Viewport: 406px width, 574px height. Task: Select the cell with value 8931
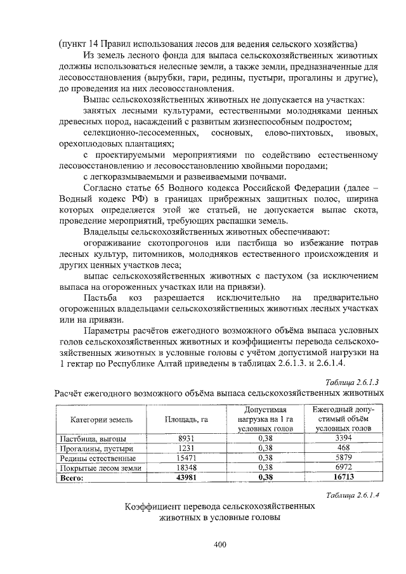pyautogui.click(x=186, y=438)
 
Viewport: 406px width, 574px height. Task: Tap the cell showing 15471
pyautogui.click(x=186, y=457)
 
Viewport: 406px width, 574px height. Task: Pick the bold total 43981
pyautogui.click(x=186, y=478)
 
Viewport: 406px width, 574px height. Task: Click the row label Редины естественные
pyautogui.click(x=97, y=458)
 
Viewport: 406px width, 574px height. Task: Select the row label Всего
pyautogui.click(x=72, y=478)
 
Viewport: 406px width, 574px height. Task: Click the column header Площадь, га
pyautogui.click(x=187, y=419)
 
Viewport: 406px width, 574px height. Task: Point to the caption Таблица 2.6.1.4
pyautogui.click(x=351, y=495)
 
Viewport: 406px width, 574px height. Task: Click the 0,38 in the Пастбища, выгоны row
pyautogui.click(x=265, y=438)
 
